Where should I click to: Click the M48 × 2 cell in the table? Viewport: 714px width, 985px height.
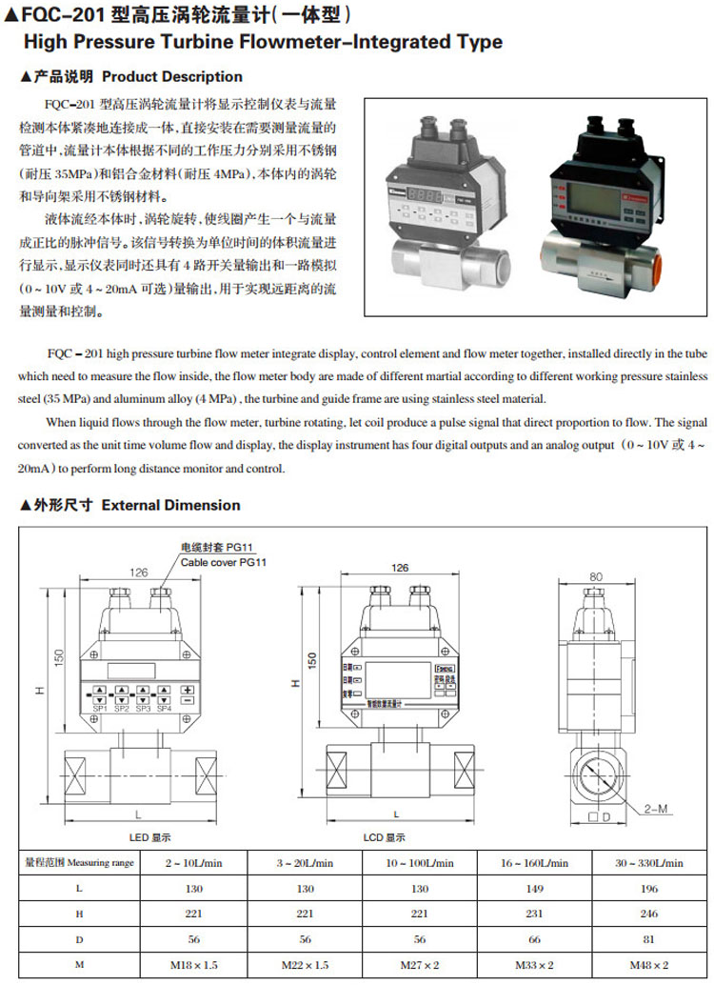(x=648, y=965)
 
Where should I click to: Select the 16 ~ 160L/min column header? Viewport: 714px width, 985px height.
(x=534, y=863)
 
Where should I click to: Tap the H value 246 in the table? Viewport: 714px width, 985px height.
(x=648, y=914)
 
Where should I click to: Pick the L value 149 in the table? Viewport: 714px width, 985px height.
(x=534, y=888)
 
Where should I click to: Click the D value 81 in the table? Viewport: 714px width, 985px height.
(x=648, y=939)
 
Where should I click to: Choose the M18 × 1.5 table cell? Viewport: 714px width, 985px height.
(x=190, y=965)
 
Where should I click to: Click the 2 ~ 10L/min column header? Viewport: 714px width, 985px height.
(x=190, y=863)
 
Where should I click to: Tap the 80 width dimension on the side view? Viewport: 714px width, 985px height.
(x=596, y=575)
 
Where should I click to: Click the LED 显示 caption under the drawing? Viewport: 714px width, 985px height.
(x=149, y=836)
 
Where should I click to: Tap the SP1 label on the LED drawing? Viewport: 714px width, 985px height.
(x=99, y=708)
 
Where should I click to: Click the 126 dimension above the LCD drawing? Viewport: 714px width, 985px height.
(x=399, y=568)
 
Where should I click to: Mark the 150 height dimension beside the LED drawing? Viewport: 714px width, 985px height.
(x=59, y=657)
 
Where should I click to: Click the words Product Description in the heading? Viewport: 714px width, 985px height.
(x=172, y=76)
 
